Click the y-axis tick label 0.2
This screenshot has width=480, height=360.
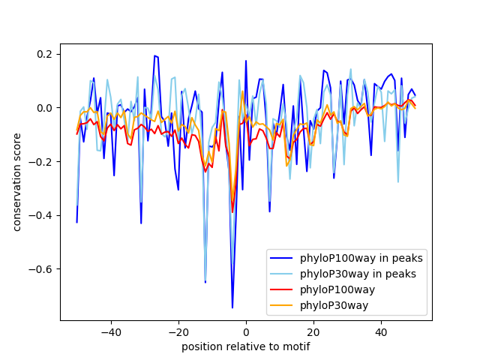(x=44, y=54)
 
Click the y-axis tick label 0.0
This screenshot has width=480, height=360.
(x=44, y=108)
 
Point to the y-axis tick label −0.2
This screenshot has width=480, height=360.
(x=41, y=162)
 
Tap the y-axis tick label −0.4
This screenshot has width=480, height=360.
(x=41, y=215)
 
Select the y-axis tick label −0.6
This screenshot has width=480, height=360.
(x=41, y=269)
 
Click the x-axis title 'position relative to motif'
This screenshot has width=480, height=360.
(x=246, y=346)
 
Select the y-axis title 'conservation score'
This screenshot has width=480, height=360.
(x=17, y=182)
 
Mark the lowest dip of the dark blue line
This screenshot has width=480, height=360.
(x=232, y=307)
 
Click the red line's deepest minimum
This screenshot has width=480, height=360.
(x=232, y=212)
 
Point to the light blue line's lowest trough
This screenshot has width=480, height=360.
(x=205, y=278)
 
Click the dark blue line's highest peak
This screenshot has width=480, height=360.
(x=154, y=55)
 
